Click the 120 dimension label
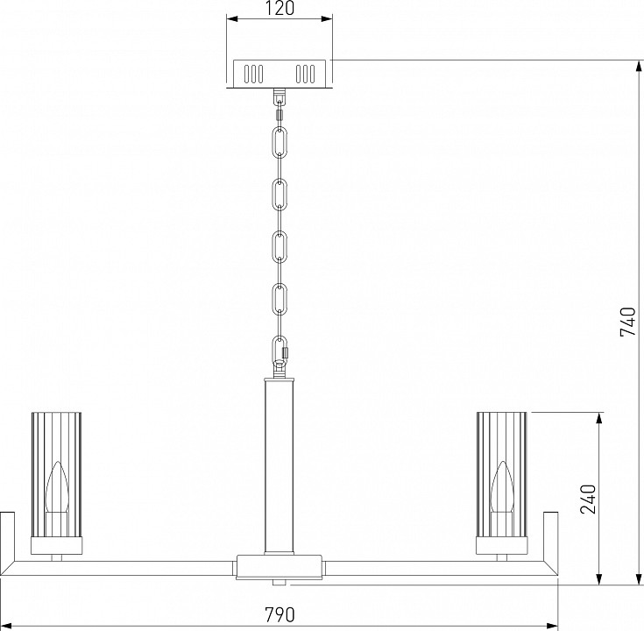click(280, 9)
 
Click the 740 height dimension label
click(626, 323)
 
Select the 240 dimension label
click(589, 498)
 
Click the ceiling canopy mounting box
click(280, 74)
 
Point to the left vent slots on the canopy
click(253, 73)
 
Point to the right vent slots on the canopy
click(306, 73)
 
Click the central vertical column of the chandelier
click(280, 464)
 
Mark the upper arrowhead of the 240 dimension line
click(598, 418)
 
